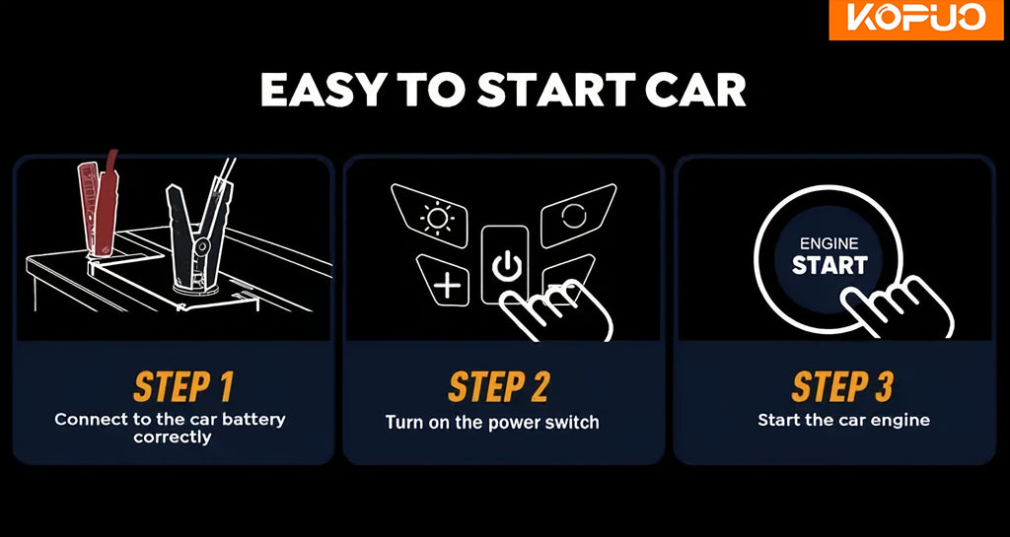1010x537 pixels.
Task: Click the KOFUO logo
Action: (x=918, y=19)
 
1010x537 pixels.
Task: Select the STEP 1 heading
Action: (x=182, y=386)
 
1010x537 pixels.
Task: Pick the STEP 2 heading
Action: (x=499, y=386)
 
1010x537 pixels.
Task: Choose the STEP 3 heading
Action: (x=842, y=386)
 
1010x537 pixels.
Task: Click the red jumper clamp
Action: (x=99, y=203)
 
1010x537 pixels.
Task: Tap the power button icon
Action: (x=505, y=264)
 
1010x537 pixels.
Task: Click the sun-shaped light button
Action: (x=437, y=217)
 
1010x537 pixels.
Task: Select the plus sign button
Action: (x=446, y=281)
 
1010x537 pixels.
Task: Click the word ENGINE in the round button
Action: (x=829, y=243)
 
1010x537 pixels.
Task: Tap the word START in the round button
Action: (x=830, y=265)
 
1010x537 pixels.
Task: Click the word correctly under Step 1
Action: (x=173, y=437)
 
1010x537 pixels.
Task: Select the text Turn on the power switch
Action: (x=492, y=423)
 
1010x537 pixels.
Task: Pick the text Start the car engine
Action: (x=844, y=421)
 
